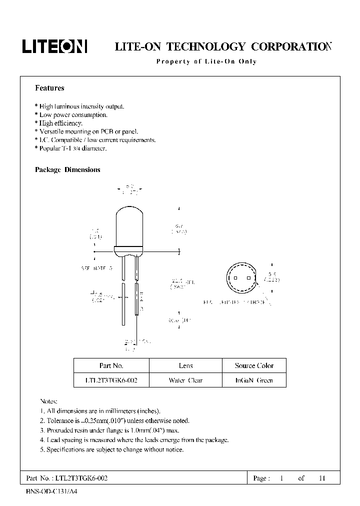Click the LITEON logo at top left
click(54, 46)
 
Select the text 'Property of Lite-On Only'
click(206, 62)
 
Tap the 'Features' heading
click(49, 88)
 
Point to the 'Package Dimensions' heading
click(67, 170)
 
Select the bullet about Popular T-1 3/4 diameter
click(70, 148)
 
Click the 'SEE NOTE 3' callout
click(96, 268)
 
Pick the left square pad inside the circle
click(234, 279)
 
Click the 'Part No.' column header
click(111, 365)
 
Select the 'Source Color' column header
click(254, 365)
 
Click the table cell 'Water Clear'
click(185, 380)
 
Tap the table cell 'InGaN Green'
click(254, 380)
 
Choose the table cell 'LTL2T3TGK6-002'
click(111, 380)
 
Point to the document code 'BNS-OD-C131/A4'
click(52, 491)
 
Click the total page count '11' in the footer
click(322, 478)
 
